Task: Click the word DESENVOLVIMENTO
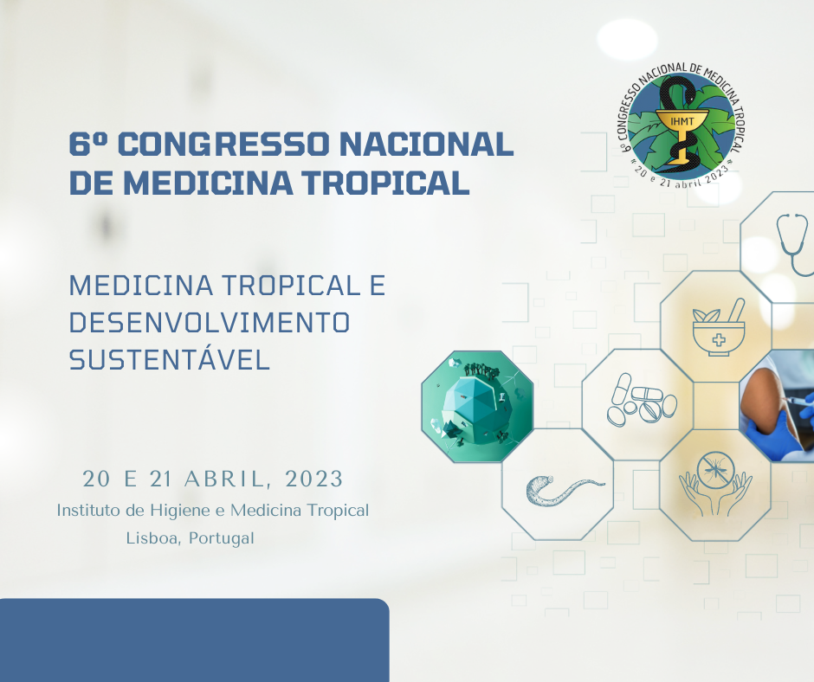tap(209, 322)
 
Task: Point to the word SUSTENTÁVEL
tap(169, 359)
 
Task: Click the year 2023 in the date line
tap(313, 479)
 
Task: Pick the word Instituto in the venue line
tap(89, 510)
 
